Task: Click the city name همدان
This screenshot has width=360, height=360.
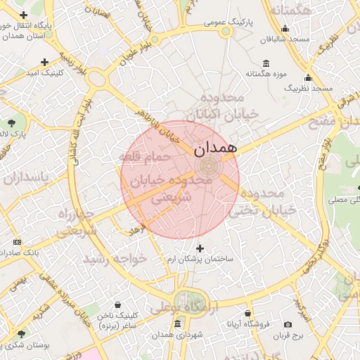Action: click(x=215, y=148)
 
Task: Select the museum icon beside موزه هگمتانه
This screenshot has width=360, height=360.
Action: click(x=265, y=62)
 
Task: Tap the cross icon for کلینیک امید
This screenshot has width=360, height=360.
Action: click(x=45, y=62)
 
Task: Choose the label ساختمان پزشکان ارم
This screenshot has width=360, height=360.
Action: click(x=200, y=259)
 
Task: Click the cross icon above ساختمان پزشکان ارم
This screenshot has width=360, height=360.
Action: click(x=200, y=248)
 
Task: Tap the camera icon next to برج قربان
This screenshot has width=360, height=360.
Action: click(x=288, y=324)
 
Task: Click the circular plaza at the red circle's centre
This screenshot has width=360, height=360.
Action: click(x=209, y=167)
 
